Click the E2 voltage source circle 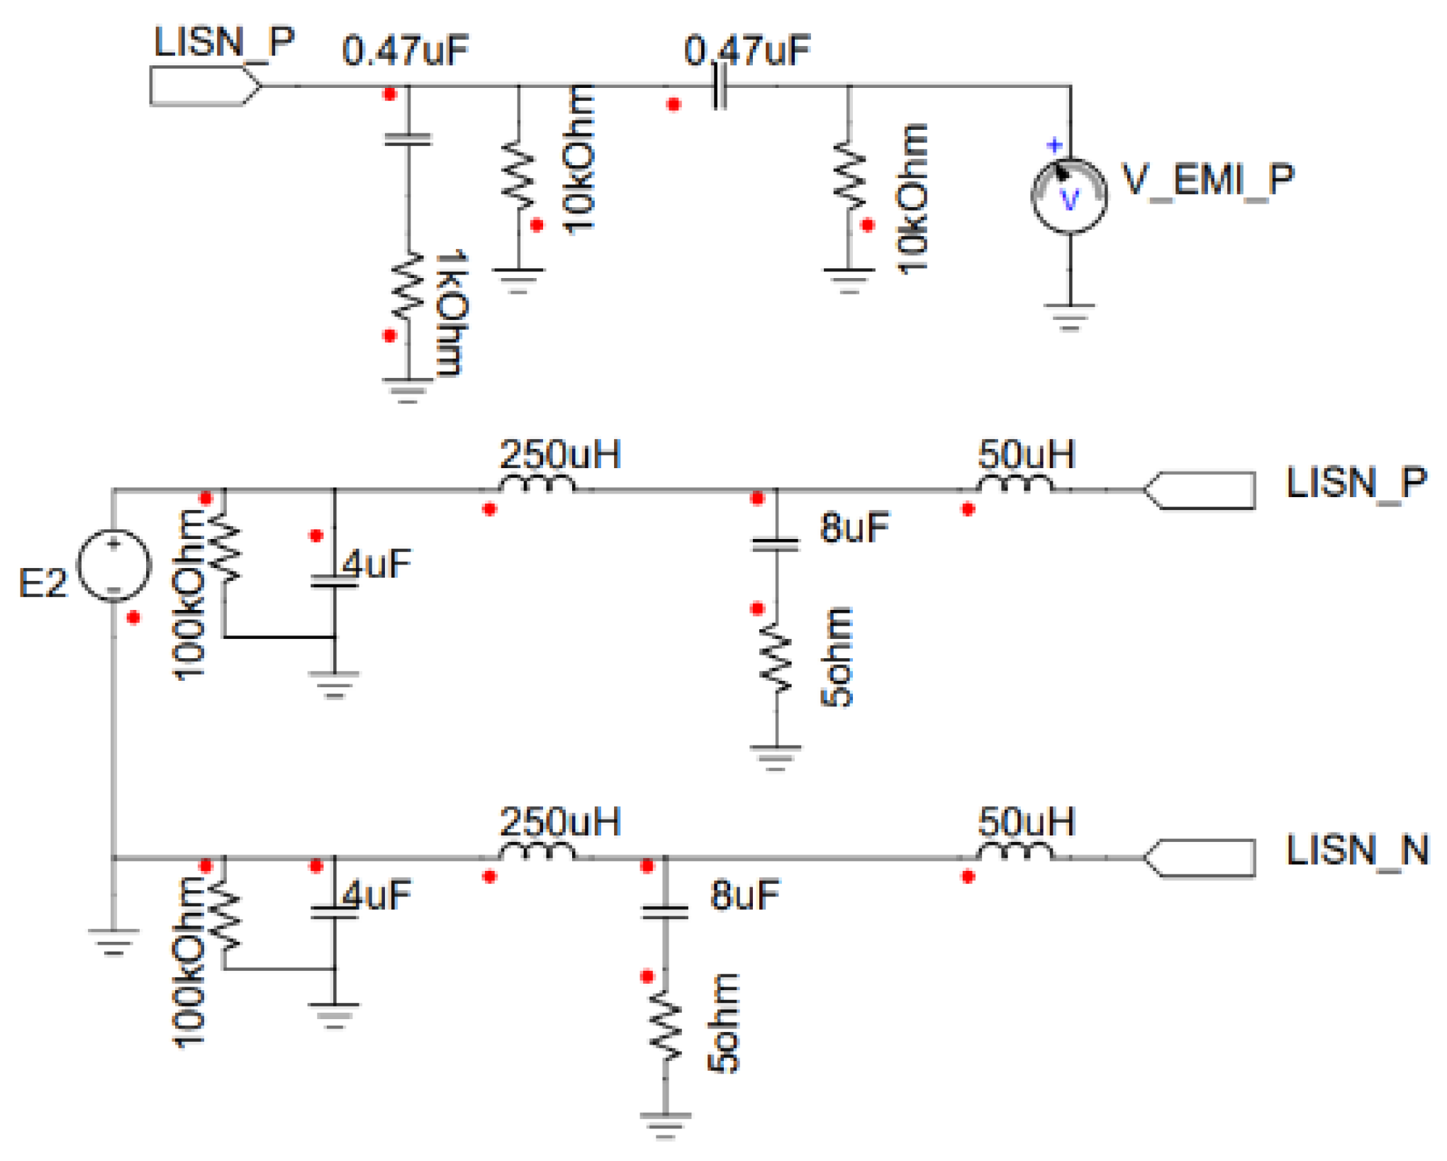coord(113,565)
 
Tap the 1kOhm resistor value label coord(451,312)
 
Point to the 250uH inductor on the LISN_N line coord(537,850)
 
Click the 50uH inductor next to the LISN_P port coord(1015,484)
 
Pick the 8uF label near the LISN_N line coord(744,894)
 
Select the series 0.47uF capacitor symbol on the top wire coord(719,87)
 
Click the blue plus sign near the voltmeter coord(1054,145)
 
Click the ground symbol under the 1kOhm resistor coord(408,390)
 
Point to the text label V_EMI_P coord(1207,179)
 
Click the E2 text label coord(43,583)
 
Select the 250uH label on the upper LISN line coord(560,455)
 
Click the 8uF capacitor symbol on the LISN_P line coord(776,545)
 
